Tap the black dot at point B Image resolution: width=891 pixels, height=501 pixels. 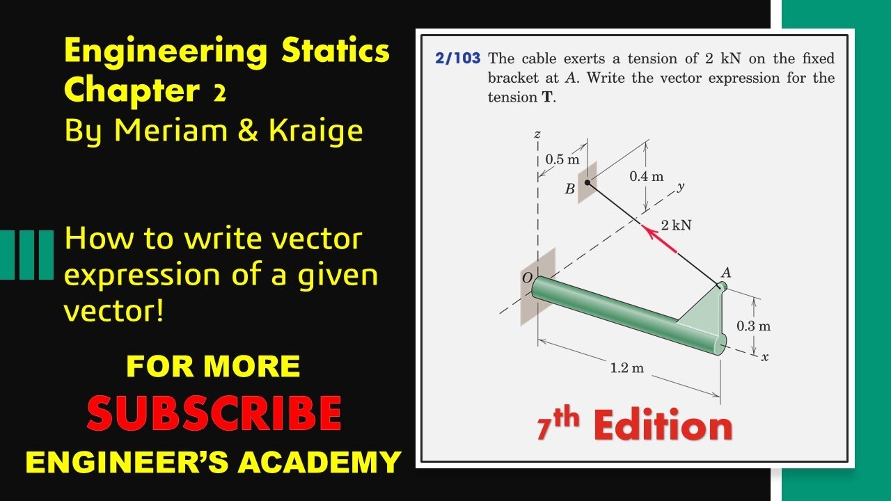click(x=588, y=183)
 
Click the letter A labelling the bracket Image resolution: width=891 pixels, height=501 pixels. click(x=725, y=273)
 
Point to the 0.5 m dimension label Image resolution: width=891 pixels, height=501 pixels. click(x=562, y=159)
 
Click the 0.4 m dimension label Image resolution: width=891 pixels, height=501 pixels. click(x=647, y=177)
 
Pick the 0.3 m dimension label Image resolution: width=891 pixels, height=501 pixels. click(x=754, y=326)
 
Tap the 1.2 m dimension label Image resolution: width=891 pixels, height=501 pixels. click(x=626, y=368)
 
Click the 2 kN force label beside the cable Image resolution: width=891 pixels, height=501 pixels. click(x=676, y=225)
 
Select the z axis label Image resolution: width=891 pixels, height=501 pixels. click(x=537, y=134)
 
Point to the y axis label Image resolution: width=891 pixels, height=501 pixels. click(x=681, y=186)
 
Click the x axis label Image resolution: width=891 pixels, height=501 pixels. click(x=764, y=358)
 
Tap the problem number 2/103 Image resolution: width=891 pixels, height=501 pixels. click(x=457, y=58)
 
